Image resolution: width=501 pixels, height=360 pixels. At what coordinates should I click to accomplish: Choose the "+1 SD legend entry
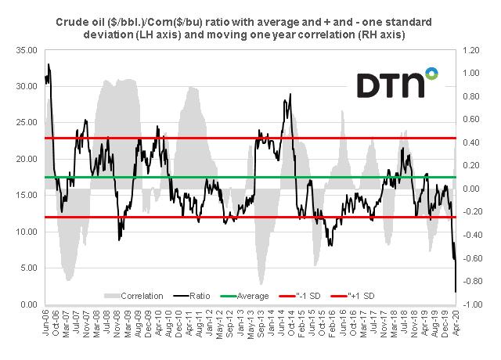(380, 296)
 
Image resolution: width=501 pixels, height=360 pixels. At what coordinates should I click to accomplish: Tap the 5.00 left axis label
(29, 268)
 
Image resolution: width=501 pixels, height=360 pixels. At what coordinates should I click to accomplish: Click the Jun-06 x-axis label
(46, 321)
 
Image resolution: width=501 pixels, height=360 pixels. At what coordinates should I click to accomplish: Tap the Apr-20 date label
(456, 321)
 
